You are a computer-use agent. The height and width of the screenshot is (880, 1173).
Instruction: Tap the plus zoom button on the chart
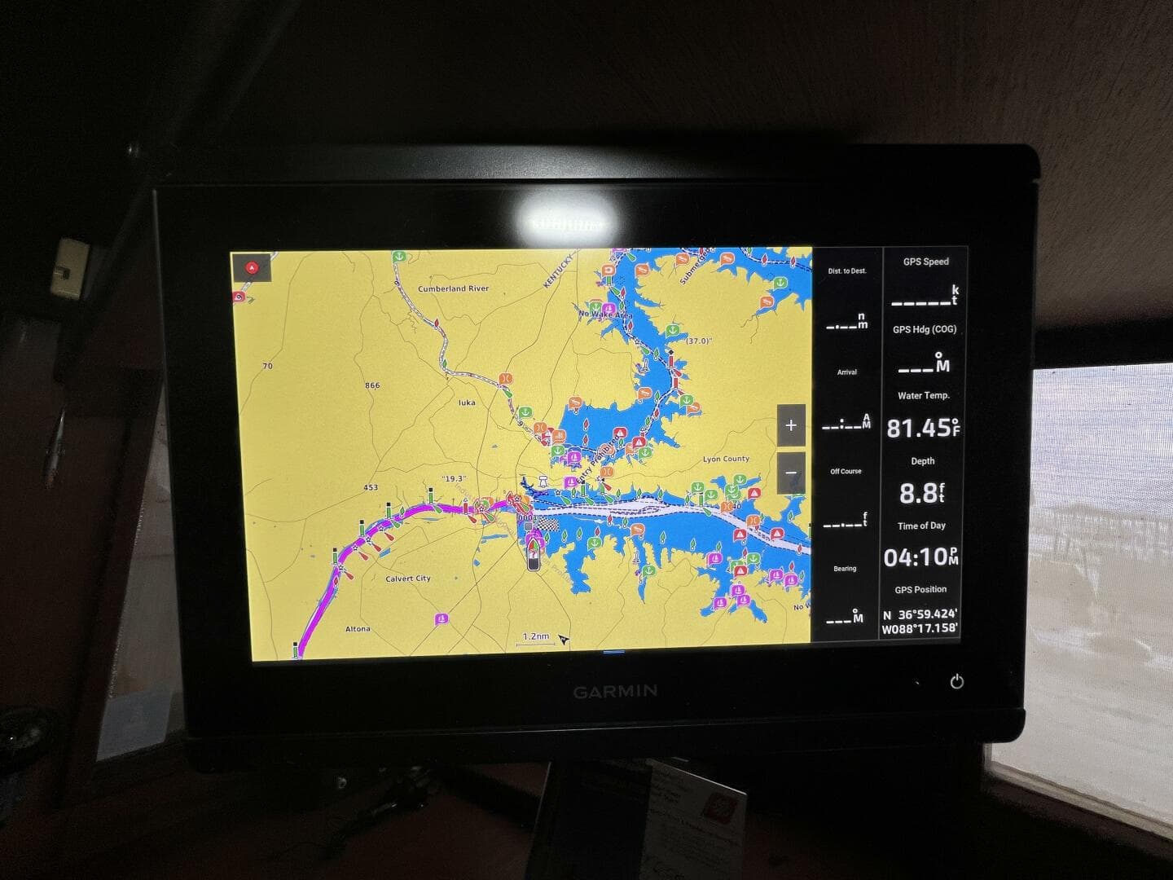pos(790,425)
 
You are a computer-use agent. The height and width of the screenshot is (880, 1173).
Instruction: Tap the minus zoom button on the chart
pos(790,473)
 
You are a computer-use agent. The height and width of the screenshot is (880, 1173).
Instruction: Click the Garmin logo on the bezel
pos(615,692)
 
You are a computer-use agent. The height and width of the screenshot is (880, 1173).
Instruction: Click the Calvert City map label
pos(408,579)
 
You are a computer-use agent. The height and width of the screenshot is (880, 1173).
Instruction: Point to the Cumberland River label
pos(453,288)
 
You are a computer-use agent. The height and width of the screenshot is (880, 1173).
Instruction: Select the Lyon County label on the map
pos(726,460)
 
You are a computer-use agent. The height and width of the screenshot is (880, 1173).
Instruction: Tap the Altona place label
pos(358,629)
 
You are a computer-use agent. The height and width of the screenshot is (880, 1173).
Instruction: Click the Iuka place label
pos(467,403)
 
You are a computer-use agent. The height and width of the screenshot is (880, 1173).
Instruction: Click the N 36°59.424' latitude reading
pos(920,614)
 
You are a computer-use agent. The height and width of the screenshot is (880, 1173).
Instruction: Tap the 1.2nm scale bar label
pos(535,636)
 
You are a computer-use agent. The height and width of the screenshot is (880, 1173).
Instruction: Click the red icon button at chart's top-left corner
pos(252,267)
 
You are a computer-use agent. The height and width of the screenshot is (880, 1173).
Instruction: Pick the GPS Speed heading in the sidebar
pos(925,262)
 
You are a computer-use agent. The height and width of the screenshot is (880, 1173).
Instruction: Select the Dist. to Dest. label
pos(847,271)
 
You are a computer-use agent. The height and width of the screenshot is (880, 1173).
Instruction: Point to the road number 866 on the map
pos(372,385)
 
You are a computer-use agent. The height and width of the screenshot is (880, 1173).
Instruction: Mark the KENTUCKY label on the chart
pos(559,270)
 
